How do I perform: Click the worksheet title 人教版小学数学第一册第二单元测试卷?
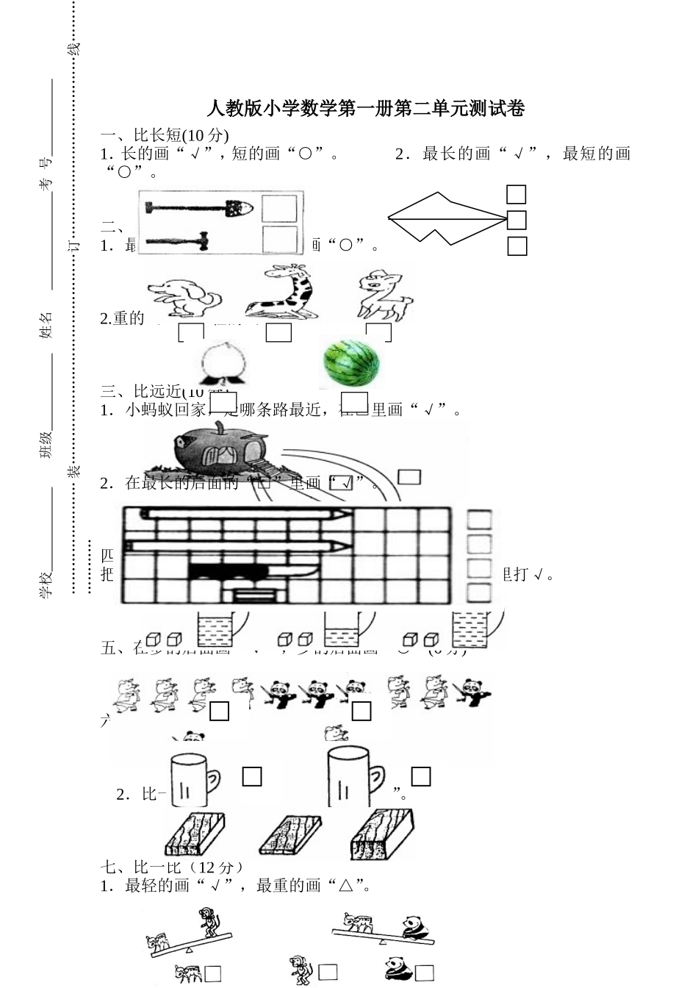tap(365, 109)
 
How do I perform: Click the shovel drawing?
tap(198, 208)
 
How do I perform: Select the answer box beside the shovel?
tap(279, 208)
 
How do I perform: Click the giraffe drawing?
tap(282, 292)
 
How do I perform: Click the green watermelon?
tap(352, 362)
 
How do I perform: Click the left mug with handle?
tap(193, 778)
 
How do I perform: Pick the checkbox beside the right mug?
tap(421, 776)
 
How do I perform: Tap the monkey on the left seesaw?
tap(210, 923)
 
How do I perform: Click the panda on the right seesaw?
tap(416, 928)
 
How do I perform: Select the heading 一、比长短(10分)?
tap(165, 135)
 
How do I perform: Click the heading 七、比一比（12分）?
tap(172, 867)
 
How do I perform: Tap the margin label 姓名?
tap(46, 325)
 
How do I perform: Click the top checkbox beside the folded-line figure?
tap(517, 194)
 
